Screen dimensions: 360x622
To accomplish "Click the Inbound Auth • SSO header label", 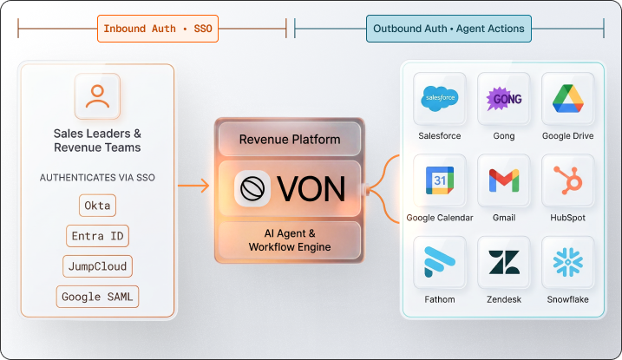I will (x=157, y=29).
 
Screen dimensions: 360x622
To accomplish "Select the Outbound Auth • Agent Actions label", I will (x=448, y=29).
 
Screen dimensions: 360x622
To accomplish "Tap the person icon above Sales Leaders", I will (x=97, y=95).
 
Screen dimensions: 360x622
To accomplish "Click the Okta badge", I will (x=97, y=206).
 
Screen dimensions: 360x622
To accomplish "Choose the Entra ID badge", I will (x=97, y=236).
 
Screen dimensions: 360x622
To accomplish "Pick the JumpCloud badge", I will (x=97, y=266).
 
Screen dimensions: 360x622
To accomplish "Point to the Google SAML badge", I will (x=97, y=297).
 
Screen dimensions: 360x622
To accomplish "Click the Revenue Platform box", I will (x=290, y=140).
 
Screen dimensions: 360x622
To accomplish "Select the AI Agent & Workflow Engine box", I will (x=290, y=240).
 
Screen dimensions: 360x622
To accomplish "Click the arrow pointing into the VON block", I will (x=194, y=186).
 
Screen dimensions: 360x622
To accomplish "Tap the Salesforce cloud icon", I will (x=440, y=98).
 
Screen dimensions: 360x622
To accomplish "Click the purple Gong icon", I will (x=503, y=98).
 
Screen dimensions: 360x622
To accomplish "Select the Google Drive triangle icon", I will (x=568, y=98).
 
